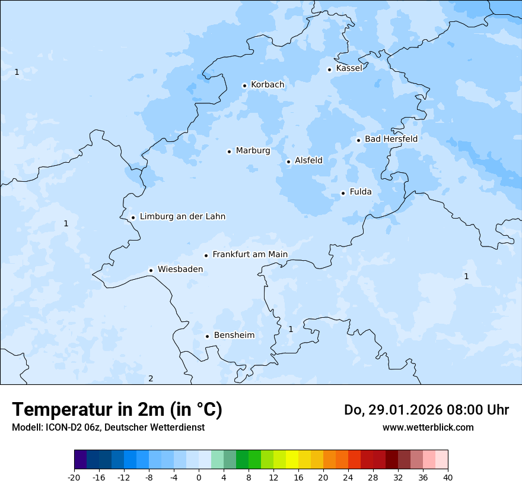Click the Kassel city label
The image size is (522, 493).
click(x=349, y=68)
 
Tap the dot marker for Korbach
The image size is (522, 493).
click(x=244, y=86)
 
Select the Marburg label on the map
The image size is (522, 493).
click(x=253, y=151)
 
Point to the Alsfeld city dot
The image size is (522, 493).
click(x=288, y=162)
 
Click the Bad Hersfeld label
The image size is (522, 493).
click(x=391, y=139)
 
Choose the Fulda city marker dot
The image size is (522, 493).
click(x=343, y=193)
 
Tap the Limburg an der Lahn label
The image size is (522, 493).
click(x=182, y=217)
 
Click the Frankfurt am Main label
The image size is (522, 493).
click(x=250, y=254)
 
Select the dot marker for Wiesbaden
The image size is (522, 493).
click(x=151, y=270)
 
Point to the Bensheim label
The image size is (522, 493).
click(x=234, y=335)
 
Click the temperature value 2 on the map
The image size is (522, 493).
click(x=151, y=379)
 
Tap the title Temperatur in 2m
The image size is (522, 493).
click(x=117, y=409)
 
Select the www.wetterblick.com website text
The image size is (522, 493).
click(x=428, y=427)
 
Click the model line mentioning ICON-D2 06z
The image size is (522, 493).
click(x=108, y=427)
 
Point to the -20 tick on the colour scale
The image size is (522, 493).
click(x=74, y=478)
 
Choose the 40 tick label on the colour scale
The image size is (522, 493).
click(x=448, y=478)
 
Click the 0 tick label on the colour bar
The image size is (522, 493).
click(x=199, y=478)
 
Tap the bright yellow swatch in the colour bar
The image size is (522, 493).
click(x=292, y=460)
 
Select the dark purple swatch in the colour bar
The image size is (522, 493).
click(x=80, y=460)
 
